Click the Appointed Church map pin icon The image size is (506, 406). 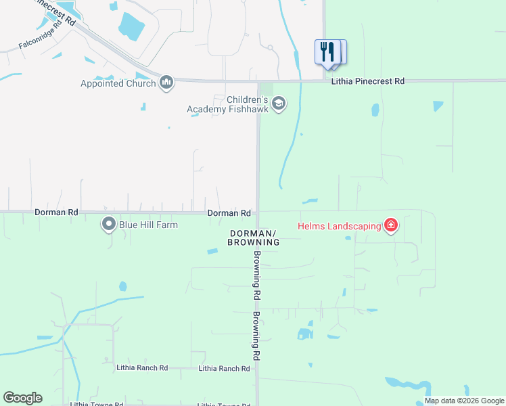[x=166, y=83]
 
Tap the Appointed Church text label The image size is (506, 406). [x=118, y=84]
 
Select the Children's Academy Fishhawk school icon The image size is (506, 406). [x=279, y=104]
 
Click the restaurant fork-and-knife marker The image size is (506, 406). [x=327, y=52]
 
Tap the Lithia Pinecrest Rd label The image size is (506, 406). [x=368, y=81]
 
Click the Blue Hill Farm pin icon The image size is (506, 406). [x=108, y=225]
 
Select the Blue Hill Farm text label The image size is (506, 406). [x=149, y=225]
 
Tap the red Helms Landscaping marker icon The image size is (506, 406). [x=390, y=225]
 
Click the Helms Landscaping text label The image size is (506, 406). [x=340, y=226]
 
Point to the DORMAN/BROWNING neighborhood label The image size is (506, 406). [x=254, y=238]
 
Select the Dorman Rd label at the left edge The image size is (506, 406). [x=56, y=212]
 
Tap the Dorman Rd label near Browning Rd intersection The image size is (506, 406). [x=229, y=213]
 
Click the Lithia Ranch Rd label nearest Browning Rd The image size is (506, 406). [x=225, y=369]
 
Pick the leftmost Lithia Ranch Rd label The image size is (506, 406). [x=142, y=368]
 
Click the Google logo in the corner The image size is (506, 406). [x=22, y=398]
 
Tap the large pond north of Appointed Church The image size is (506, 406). [x=131, y=24]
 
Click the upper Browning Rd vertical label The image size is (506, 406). [x=257, y=275]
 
